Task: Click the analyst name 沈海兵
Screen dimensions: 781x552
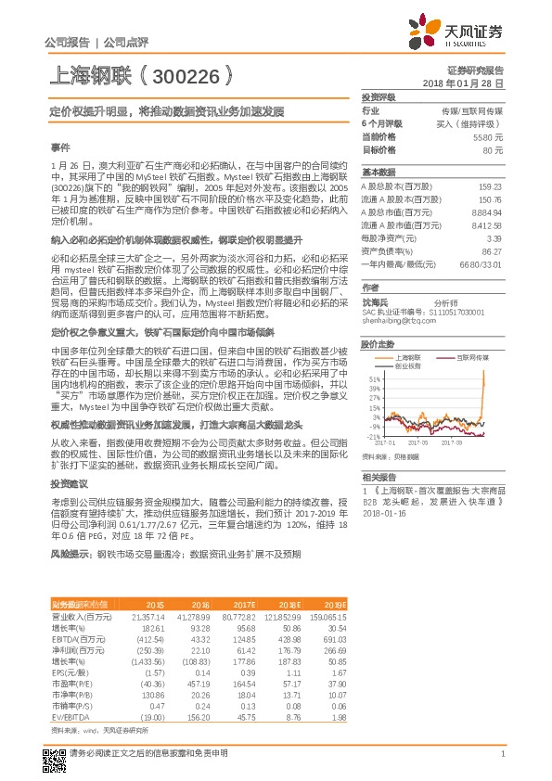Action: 373,301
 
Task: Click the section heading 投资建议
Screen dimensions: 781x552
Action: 69,484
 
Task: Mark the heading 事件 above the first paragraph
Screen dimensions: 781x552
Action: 59,147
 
